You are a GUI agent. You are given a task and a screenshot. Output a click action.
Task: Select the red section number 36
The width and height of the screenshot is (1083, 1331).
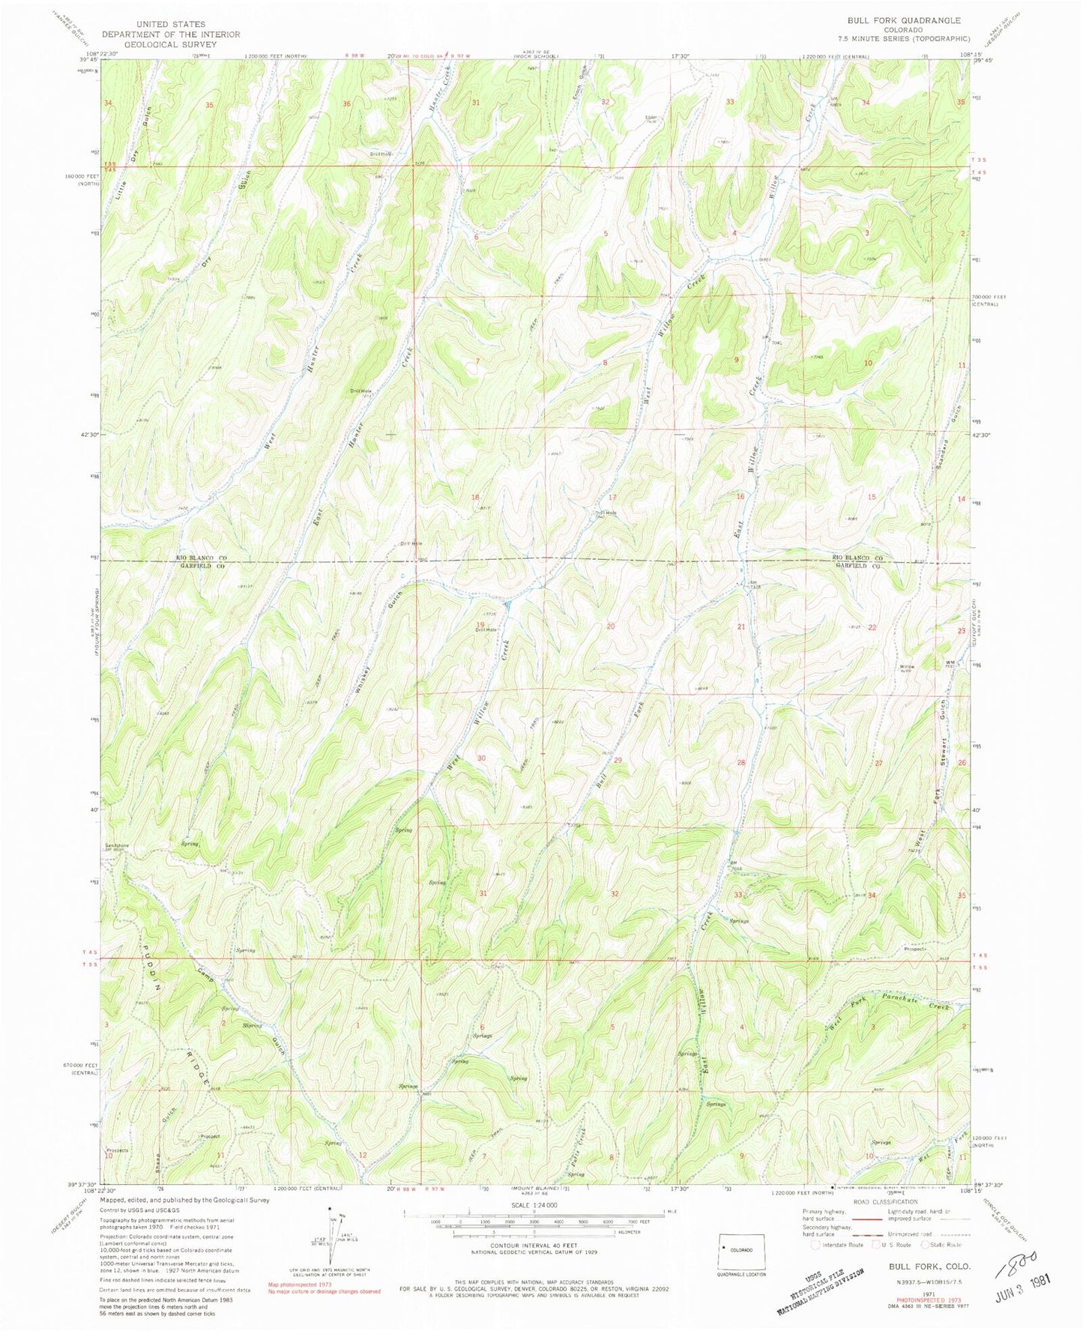346,103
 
